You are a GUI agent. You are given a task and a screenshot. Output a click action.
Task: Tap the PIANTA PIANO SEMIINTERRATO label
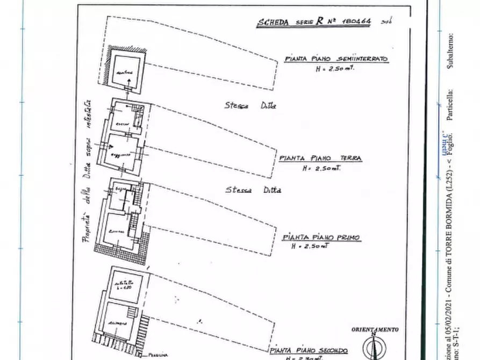[336, 60]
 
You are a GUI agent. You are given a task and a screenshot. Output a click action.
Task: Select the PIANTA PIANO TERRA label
[321, 159]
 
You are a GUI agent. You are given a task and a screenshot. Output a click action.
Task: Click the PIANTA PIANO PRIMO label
[321, 237]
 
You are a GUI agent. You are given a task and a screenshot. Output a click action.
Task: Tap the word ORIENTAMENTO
[375, 329]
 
